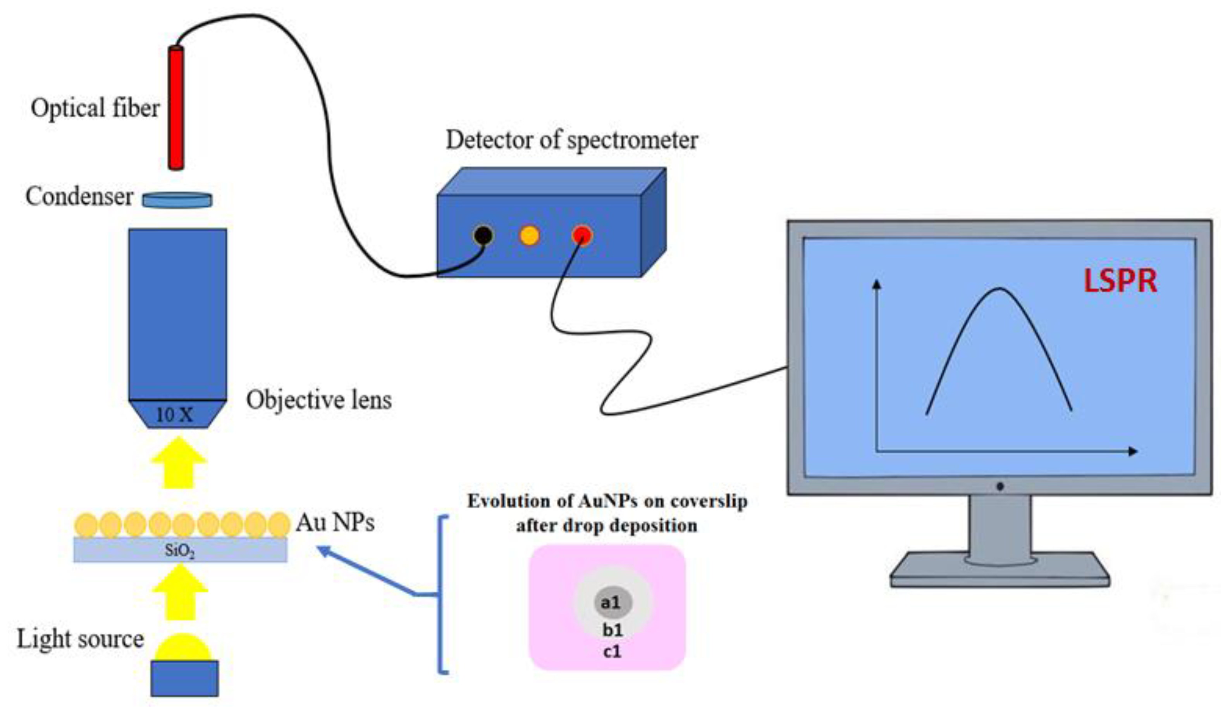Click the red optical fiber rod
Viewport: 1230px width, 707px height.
(176, 108)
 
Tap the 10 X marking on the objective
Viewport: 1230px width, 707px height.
(174, 415)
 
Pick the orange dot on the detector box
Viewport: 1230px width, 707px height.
(529, 236)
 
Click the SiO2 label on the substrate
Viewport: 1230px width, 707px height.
(179, 551)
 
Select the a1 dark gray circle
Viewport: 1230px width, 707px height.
(612, 602)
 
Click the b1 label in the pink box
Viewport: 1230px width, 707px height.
(612, 630)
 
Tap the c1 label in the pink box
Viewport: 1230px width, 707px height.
(612, 652)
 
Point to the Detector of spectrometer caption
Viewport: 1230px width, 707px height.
(572, 140)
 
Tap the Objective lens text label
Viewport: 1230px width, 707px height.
(319, 400)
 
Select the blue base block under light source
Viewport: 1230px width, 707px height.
(184, 678)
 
